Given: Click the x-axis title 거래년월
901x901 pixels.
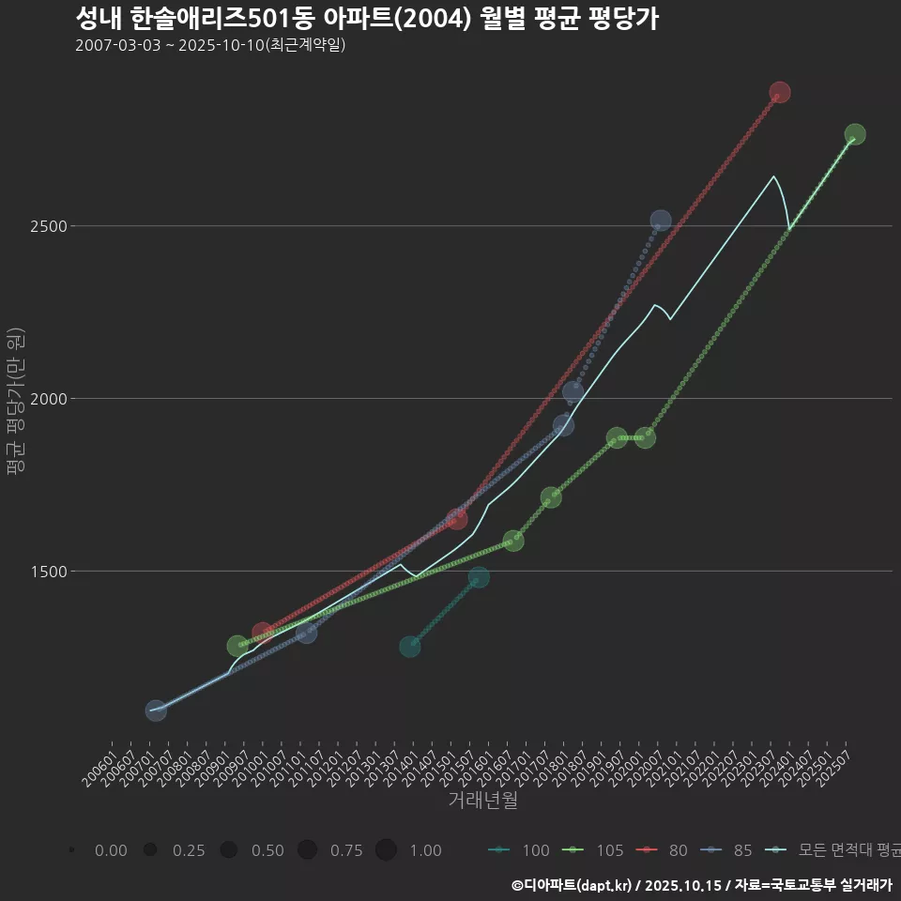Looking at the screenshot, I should point(483,800).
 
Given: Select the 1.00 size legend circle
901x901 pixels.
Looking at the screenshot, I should point(386,850).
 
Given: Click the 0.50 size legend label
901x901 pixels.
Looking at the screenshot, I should point(267,850).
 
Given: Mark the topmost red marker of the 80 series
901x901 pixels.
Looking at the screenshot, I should point(779,92).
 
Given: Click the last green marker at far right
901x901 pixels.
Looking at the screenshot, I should point(854,134).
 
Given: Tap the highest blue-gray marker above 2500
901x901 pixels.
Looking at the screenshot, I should point(661,221).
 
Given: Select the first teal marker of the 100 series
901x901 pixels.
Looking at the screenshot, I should point(409,647).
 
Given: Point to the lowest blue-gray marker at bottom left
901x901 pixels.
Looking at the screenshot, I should point(156,710).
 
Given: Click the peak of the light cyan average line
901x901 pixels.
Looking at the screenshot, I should point(773,176).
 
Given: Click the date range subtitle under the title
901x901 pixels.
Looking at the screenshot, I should point(210,45).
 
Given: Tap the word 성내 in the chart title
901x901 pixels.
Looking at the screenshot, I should point(99,18).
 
